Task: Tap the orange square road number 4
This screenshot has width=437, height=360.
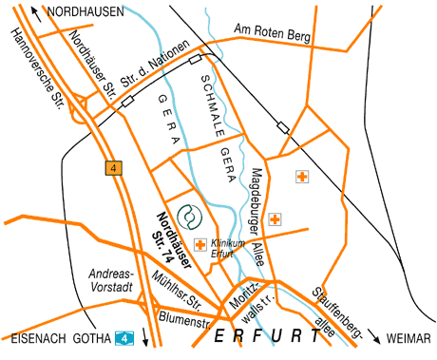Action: click(x=114, y=168)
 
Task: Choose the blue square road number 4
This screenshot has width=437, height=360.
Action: click(x=123, y=336)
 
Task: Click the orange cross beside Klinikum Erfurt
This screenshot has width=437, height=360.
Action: click(x=200, y=245)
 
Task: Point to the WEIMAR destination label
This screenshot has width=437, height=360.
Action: click(x=409, y=337)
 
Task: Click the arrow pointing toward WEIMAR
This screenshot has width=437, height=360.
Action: click(x=376, y=336)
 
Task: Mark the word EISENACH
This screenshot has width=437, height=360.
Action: click(x=35, y=337)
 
